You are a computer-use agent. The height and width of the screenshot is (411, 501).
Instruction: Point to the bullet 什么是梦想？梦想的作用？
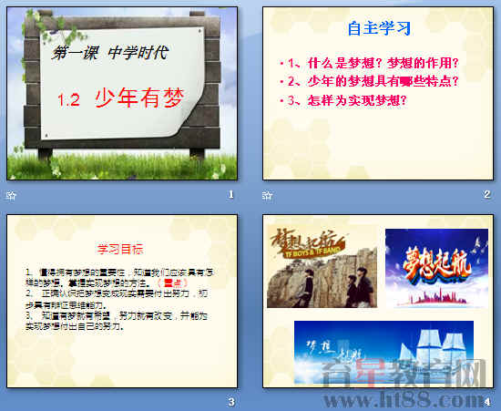click(371, 64)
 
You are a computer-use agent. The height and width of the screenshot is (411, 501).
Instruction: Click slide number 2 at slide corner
click(487, 194)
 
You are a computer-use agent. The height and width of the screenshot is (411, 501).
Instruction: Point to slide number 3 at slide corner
click(231, 401)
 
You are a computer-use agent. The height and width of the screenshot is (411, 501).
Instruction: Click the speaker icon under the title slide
click(10, 195)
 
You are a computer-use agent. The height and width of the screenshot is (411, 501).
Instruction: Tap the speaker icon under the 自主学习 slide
click(266, 195)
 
